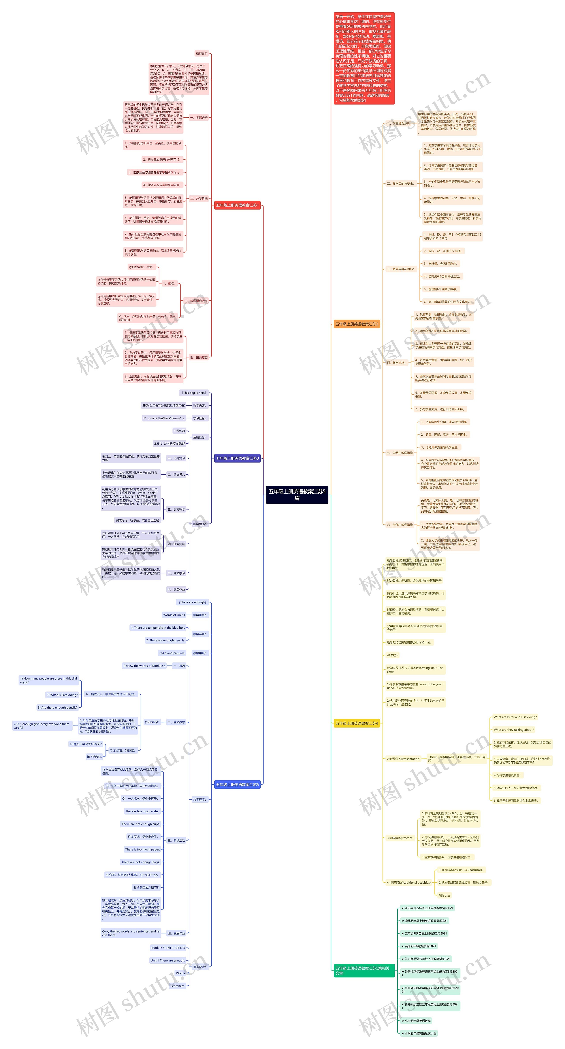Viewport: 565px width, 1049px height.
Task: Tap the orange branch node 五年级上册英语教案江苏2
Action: tap(356, 324)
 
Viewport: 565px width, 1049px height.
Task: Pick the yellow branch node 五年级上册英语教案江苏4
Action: tap(356, 723)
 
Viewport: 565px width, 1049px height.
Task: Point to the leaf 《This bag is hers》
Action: tap(194, 393)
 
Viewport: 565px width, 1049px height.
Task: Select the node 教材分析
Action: tap(202, 53)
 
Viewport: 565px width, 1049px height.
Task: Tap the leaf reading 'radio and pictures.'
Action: tap(172, 653)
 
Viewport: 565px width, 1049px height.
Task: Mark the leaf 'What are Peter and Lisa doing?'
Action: tap(515, 717)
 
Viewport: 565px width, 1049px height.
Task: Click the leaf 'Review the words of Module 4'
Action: tap(144, 666)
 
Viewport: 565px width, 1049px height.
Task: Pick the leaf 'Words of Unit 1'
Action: tap(174, 615)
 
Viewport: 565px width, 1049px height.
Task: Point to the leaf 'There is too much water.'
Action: tap(142, 811)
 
